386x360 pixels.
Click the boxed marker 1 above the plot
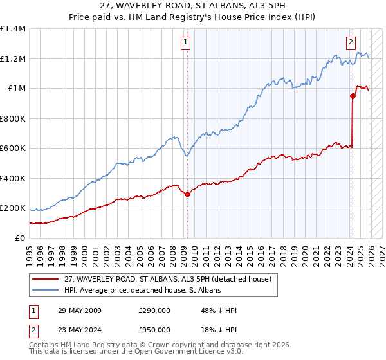click(x=185, y=43)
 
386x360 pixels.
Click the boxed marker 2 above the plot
click(x=351, y=43)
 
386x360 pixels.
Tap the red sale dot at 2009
click(x=187, y=195)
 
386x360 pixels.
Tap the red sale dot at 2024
click(x=353, y=96)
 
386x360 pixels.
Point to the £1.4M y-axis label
click(x=13, y=29)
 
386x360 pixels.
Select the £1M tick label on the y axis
click(x=16, y=89)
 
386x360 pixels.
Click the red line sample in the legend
click(x=46, y=279)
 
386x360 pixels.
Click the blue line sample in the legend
click(x=46, y=290)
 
